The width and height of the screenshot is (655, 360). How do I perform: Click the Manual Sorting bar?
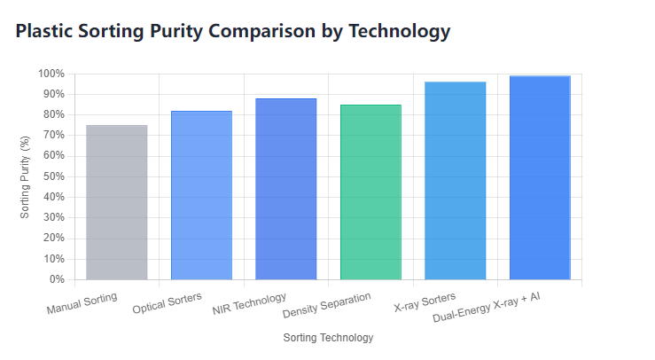tap(116, 202)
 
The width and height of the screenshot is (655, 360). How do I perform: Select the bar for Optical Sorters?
tap(201, 195)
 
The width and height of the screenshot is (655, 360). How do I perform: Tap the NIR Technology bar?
tap(285, 189)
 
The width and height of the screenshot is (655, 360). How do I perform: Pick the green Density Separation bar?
tap(370, 192)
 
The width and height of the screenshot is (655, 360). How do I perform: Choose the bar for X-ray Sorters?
tap(455, 180)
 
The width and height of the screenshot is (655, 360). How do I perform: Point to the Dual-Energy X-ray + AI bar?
tap(540, 177)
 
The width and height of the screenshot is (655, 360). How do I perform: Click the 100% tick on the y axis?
tap(51, 74)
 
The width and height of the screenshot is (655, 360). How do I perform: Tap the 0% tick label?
tap(57, 279)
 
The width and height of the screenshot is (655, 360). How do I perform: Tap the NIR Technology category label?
tap(250, 303)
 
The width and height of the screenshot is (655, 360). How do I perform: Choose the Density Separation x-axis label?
tap(326, 305)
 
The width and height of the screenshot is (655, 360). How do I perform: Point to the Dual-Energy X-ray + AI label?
tap(486, 307)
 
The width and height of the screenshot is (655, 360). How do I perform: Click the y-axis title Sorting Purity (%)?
tap(25, 176)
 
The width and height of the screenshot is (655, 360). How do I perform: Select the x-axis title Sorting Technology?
tap(328, 338)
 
